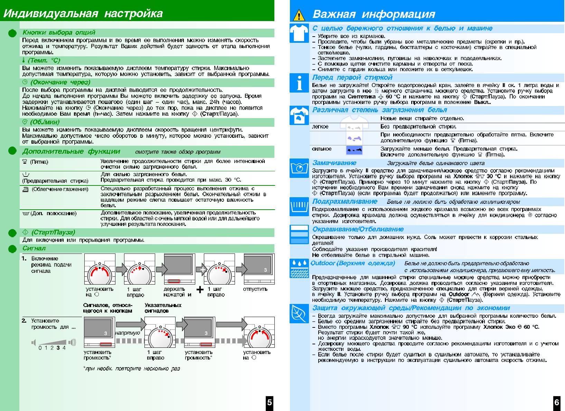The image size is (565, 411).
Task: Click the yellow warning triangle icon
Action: (x=299, y=15)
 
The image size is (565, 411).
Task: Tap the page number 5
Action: (x=270, y=402)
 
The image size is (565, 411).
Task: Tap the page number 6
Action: (x=556, y=402)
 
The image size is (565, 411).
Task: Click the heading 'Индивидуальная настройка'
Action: (x=83, y=13)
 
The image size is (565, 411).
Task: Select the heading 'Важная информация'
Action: (x=374, y=14)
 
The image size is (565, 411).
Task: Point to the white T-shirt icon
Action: (x=299, y=34)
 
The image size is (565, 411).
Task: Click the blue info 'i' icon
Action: (x=299, y=83)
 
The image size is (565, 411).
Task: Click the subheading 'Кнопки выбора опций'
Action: (x=59, y=32)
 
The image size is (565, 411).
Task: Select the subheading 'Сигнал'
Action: (x=34, y=248)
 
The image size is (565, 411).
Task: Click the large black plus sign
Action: (x=200, y=289)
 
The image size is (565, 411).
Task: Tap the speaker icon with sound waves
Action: (x=72, y=342)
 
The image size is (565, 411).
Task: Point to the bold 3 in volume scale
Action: (x=58, y=348)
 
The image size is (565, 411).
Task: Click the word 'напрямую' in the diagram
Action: (x=128, y=333)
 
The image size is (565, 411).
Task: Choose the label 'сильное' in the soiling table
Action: (x=322, y=149)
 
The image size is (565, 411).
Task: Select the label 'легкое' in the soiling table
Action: (x=320, y=127)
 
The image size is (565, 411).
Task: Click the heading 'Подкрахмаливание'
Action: (x=345, y=201)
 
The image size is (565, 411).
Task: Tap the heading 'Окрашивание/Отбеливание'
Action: (x=358, y=229)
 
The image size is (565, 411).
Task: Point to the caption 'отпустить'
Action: (x=255, y=289)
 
